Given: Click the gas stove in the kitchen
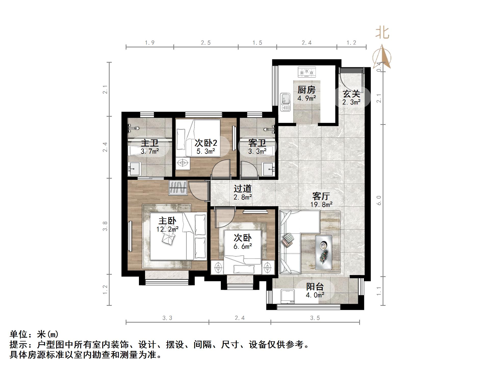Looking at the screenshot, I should pyautogui.click(x=307, y=72).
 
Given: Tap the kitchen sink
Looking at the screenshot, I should pyautogui.click(x=285, y=102).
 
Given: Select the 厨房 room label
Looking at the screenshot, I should pyautogui.click(x=306, y=90).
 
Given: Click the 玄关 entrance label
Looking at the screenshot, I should pyautogui.click(x=351, y=94).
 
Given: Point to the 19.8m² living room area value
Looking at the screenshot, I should pyautogui.click(x=321, y=204).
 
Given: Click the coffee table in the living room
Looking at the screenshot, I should pyautogui.click(x=323, y=252).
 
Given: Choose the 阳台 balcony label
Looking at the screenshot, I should pyautogui.click(x=315, y=287).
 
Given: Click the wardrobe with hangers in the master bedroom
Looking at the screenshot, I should pyautogui.click(x=178, y=188).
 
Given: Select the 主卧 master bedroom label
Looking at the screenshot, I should pyautogui.click(x=167, y=221).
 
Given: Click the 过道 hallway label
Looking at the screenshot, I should pyautogui.click(x=243, y=189).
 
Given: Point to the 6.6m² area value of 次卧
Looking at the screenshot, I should pyautogui.click(x=243, y=246).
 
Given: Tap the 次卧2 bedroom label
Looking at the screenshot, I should pyautogui.click(x=206, y=143).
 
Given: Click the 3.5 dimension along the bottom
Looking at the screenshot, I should pyautogui.click(x=315, y=318).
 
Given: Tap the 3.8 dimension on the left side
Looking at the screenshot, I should pyautogui.click(x=105, y=226).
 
